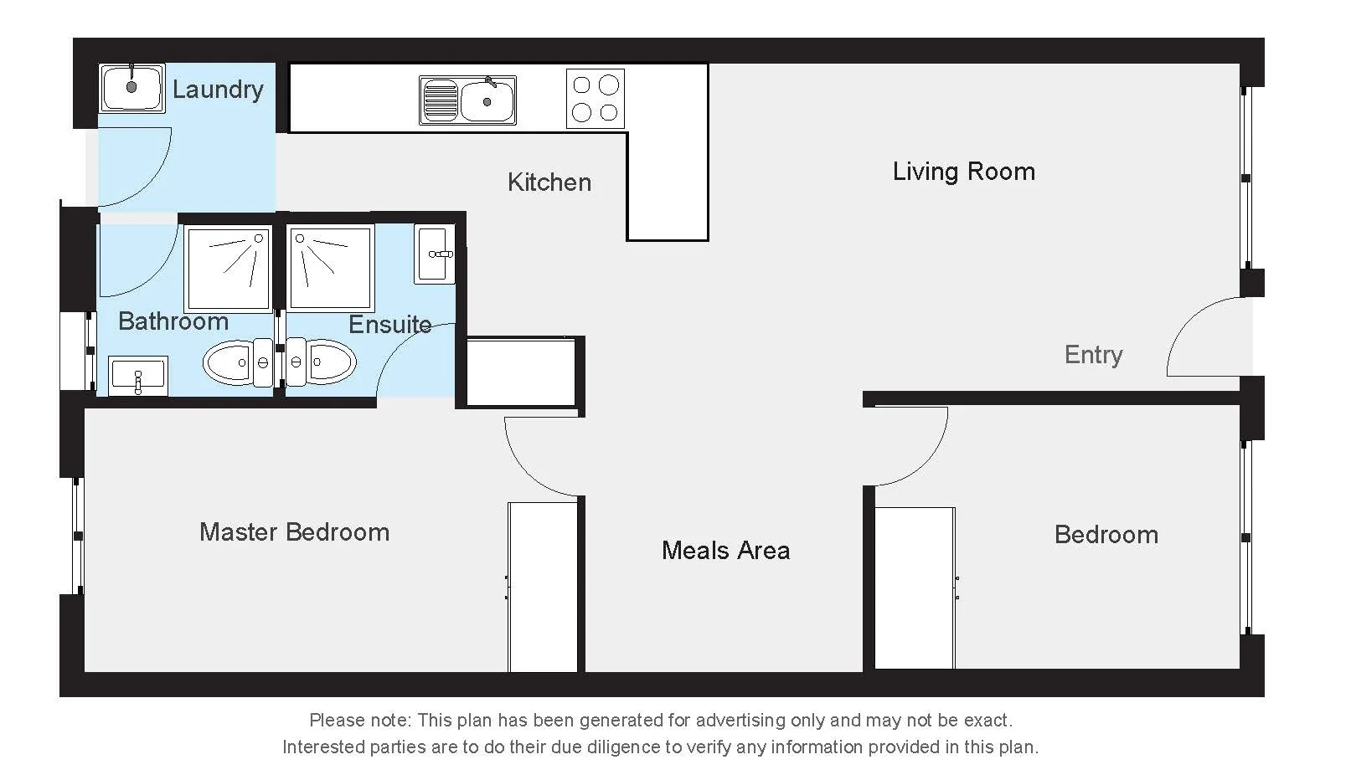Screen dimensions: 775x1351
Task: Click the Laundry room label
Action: [218, 89]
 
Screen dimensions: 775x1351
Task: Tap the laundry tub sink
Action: [131, 87]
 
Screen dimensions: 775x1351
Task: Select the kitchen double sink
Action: [467, 100]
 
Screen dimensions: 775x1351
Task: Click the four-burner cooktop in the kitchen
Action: [596, 98]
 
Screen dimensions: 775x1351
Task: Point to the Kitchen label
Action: [549, 182]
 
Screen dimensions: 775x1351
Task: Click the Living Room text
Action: [963, 172]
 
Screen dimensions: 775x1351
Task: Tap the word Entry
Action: [1093, 355]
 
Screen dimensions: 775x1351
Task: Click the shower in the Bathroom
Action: [229, 268]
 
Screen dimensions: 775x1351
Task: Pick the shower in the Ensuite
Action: [330, 267]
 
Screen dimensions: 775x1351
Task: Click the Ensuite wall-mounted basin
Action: [435, 254]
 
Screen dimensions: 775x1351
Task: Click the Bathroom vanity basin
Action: [138, 375]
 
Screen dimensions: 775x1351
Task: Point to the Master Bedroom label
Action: [294, 532]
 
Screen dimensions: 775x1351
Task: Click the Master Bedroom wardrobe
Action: [543, 586]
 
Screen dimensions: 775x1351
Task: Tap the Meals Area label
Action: [725, 551]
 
